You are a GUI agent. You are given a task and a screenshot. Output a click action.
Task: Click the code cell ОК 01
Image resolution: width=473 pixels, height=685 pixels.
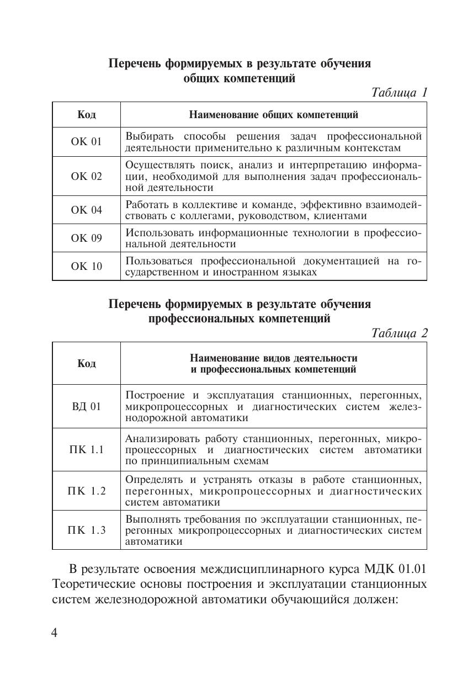click(87, 142)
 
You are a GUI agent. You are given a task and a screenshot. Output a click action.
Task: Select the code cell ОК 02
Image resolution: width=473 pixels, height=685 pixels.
click(87, 177)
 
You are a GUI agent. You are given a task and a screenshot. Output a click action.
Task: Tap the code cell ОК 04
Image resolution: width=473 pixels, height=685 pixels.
click(87, 210)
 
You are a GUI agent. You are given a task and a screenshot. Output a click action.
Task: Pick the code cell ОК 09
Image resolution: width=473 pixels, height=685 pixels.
click(87, 238)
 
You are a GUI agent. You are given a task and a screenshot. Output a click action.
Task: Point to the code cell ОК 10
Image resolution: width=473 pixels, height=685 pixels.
click(87, 267)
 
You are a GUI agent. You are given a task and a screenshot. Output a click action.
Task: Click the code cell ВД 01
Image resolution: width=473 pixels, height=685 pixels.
click(87, 407)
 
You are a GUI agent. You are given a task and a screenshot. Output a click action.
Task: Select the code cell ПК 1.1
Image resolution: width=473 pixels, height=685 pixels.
click(86, 449)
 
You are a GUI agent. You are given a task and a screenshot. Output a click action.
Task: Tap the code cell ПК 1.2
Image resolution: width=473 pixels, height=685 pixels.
click(86, 491)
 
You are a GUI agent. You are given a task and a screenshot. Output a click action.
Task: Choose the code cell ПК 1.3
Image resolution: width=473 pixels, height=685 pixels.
click(86, 530)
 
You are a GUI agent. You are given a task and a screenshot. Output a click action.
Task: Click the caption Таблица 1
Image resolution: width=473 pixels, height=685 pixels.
click(399, 93)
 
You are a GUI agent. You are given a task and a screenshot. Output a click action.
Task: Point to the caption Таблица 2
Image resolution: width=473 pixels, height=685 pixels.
click(399, 333)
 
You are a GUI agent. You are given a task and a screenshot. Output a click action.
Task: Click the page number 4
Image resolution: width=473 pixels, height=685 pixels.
click(54, 633)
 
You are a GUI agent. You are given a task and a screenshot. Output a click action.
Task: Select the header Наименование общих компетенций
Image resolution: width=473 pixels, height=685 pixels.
click(273, 115)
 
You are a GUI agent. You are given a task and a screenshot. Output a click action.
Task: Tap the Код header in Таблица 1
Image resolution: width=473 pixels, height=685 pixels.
click(87, 115)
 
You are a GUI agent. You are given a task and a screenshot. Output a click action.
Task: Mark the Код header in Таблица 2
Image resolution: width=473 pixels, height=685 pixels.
click(87, 363)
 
